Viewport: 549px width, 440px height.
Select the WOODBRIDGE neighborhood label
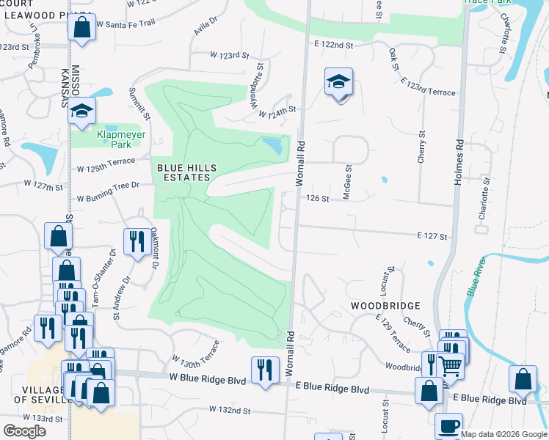tap(385, 305)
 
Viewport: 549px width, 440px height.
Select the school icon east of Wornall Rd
tap(339, 83)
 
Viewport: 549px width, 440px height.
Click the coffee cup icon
tap(448, 427)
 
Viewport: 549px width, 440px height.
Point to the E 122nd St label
tap(334, 45)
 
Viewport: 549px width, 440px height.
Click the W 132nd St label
tap(230, 409)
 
